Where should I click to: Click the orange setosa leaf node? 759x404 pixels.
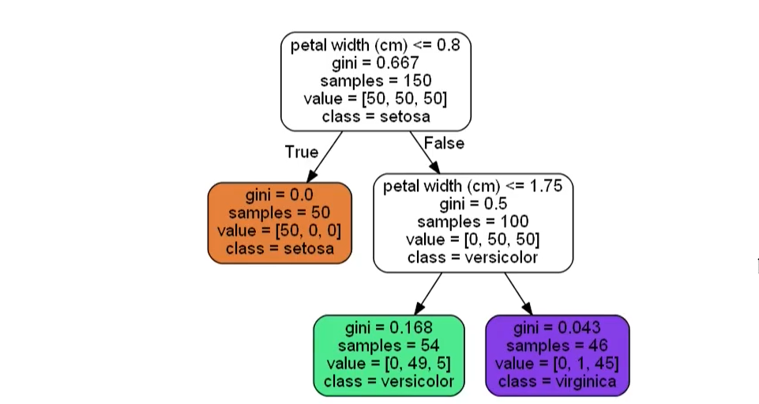[x=280, y=222]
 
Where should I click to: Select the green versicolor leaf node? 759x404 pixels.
[x=389, y=355]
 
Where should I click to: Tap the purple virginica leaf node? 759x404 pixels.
[x=557, y=355]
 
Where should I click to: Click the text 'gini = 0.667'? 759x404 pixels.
[x=375, y=62]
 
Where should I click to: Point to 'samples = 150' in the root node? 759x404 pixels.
[x=375, y=81]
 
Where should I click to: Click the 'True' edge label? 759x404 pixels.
[x=301, y=152]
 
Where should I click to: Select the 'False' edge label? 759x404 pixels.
[x=444, y=143]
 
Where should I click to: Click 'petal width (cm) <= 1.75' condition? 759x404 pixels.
[x=472, y=187]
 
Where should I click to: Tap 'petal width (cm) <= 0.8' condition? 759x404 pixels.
[x=375, y=45]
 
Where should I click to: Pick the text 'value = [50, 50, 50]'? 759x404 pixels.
[x=375, y=99]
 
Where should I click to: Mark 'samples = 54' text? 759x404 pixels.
[x=389, y=346]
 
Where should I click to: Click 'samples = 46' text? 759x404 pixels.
[x=557, y=346]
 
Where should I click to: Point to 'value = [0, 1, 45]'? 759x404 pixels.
[x=557, y=364]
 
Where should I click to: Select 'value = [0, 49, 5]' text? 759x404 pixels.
[x=389, y=364]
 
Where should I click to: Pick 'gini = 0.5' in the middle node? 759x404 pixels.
[x=472, y=204]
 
